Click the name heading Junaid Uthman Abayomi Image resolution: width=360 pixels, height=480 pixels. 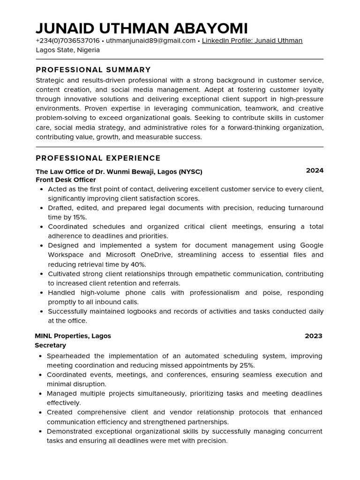(x=142, y=28)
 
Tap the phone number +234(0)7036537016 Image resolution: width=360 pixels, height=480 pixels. (x=67, y=41)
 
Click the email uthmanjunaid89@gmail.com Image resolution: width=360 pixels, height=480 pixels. (x=150, y=41)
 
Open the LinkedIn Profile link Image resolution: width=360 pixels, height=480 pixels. (x=252, y=41)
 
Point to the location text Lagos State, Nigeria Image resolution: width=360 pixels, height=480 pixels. (x=67, y=50)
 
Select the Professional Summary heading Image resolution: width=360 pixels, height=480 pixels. (x=93, y=70)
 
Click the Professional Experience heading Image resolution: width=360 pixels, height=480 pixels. (x=98, y=158)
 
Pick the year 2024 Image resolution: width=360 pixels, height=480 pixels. (x=315, y=171)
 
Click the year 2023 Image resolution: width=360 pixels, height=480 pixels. (x=314, y=336)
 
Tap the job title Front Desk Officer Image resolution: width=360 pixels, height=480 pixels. (x=66, y=180)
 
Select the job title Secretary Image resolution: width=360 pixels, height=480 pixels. (x=50, y=345)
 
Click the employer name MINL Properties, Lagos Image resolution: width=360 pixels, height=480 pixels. (x=73, y=336)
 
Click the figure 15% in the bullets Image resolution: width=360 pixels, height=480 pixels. (x=79, y=217)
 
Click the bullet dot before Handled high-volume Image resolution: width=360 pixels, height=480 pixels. (x=42, y=293)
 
